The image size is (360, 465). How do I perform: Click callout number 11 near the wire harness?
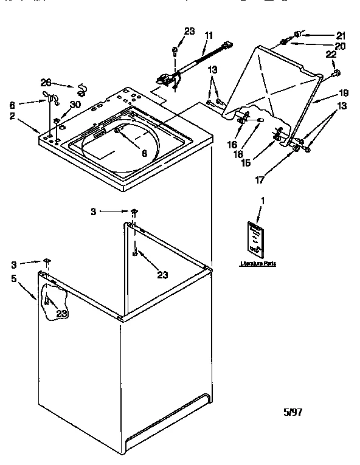pyautogui.click(x=209, y=36)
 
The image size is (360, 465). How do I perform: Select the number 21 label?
pyautogui.click(x=340, y=35)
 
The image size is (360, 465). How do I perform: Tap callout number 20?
pyautogui.click(x=340, y=46)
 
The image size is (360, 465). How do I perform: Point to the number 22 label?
pyautogui.click(x=332, y=56)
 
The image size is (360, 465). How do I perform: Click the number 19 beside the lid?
pyautogui.click(x=344, y=93)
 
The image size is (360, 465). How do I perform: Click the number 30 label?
pyautogui.click(x=75, y=104)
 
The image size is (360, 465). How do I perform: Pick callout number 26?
pyautogui.click(x=46, y=83)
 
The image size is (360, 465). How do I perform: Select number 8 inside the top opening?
pyautogui.click(x=144, y=154)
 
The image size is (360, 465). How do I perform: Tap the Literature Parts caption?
pyautogui.click(x=258, y=264)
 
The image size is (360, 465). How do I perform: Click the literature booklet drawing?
pyautogui.click(x=256, y=238)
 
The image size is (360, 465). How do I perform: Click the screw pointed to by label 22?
pyautogui.click(x=336, y=74)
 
